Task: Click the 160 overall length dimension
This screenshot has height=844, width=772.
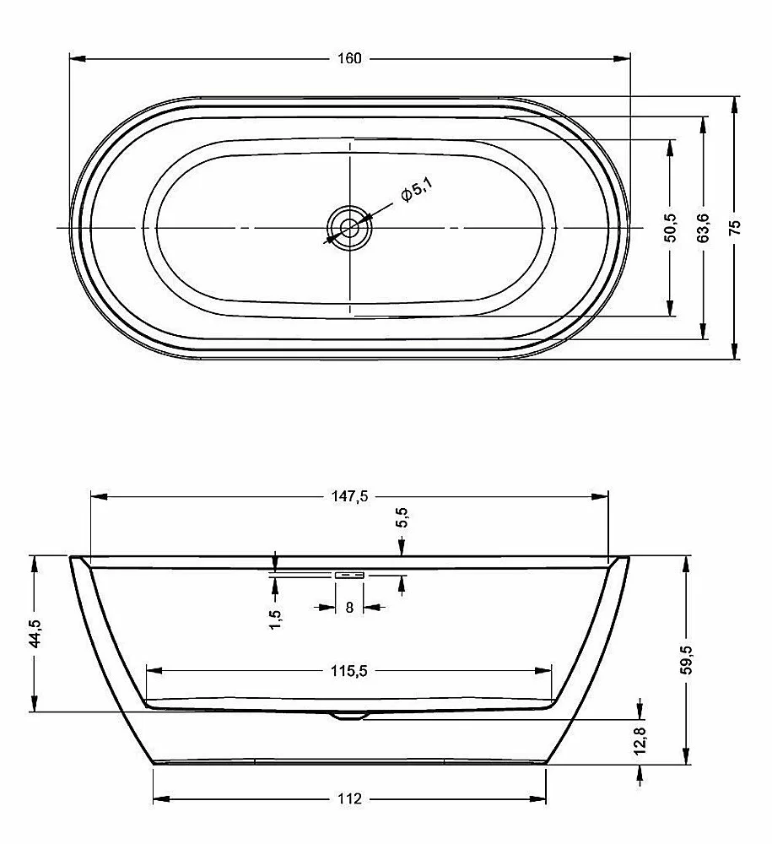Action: click(349, 58)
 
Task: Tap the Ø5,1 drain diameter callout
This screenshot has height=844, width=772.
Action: click(417, 191)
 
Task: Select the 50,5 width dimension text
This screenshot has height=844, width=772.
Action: click(671, 228)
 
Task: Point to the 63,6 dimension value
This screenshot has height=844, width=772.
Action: click(703, 228)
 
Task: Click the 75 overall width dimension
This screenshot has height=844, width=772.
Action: click(735, 226)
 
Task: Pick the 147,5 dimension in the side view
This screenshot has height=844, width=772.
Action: click(349, 496)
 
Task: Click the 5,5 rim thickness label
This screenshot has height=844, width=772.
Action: click(402, 519)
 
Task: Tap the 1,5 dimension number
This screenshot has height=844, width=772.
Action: click(275, 619)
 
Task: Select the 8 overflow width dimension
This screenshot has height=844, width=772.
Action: click(349, 608)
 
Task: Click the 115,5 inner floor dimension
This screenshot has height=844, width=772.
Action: click(349, 671)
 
